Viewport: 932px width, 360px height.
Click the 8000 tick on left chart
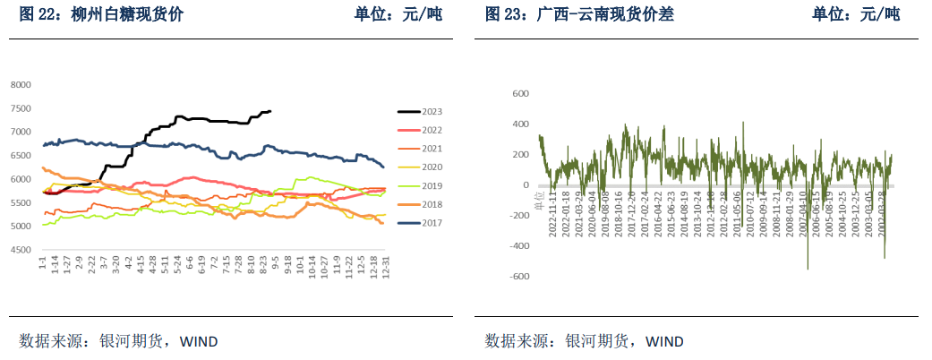[20, 85]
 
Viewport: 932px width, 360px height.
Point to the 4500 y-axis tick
[20, 250]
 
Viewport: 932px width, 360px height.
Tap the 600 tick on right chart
[519, 93]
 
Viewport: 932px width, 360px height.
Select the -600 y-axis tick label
[517, 276]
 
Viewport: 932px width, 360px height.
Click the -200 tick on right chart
[517, 215]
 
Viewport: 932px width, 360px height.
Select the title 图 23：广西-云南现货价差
[579, 14]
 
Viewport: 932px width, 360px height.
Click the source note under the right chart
[585, 340]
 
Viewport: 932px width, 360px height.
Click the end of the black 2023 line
[270, 111]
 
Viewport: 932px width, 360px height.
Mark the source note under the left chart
[119, 340]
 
